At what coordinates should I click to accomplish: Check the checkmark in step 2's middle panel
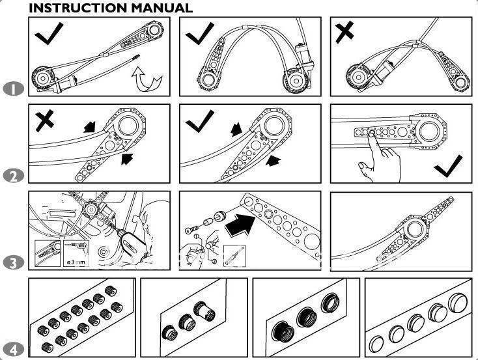coord(200,120)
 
